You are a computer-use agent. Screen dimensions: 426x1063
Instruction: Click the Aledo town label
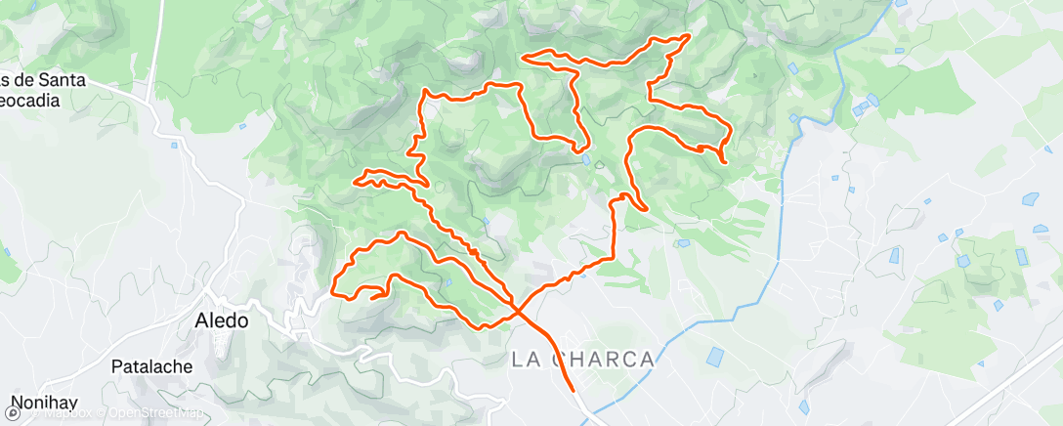(222, 319)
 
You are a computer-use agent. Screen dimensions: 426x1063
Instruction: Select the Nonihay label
(43, 403)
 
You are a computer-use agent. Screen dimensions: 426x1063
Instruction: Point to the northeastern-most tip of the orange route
(690, 36)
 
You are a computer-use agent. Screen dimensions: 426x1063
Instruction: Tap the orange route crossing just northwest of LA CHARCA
(515, 309)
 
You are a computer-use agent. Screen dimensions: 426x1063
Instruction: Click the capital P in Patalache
(119, 367)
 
